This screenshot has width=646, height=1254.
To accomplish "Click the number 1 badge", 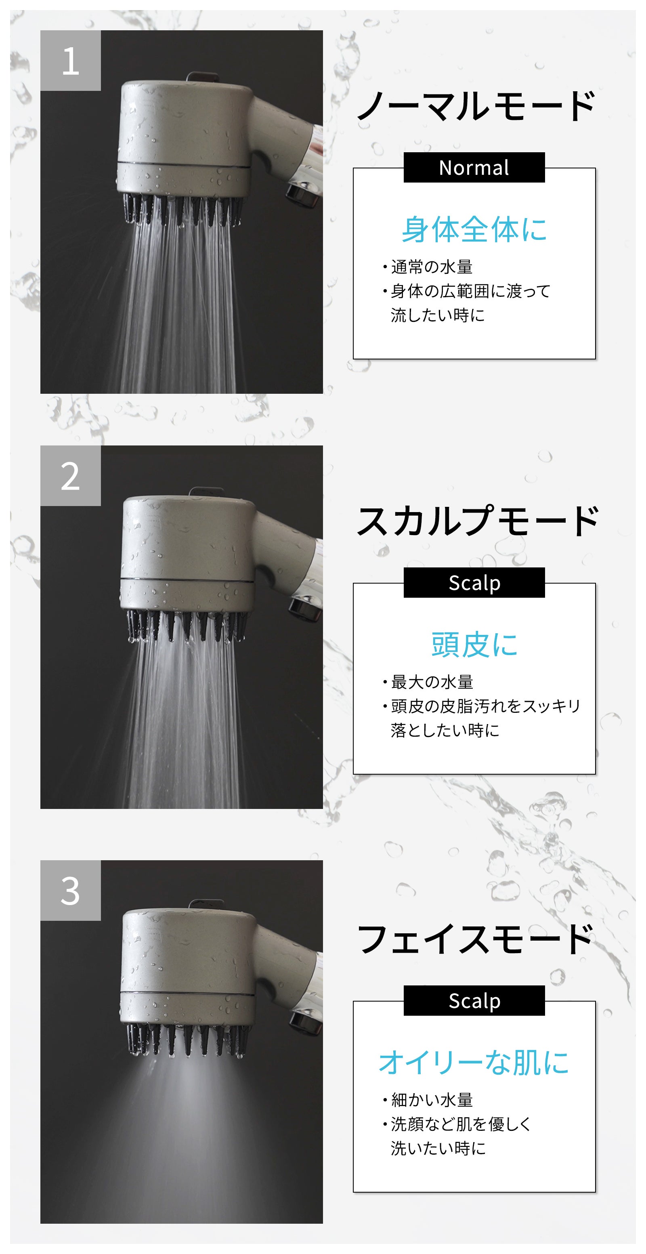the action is point(71,60).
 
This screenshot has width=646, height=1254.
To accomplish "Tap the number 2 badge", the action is point(71,476).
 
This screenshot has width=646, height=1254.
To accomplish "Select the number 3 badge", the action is point(71,891).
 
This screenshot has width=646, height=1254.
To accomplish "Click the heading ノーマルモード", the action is point(476,106).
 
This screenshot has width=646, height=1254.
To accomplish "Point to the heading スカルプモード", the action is point(477,521).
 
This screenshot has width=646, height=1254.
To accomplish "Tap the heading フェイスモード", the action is point(475,938).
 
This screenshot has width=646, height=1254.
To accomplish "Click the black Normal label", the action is point(474,168).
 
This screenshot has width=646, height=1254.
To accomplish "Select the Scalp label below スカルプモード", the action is point(474,583).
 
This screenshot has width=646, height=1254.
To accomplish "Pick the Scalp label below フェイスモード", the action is point(474,1000).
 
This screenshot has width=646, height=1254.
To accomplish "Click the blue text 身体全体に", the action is point(474,229).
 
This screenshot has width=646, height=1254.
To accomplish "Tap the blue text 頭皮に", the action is point(474,645).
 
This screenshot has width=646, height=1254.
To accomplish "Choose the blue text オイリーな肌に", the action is point(474,1062).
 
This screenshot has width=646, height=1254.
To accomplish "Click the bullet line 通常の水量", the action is point(428,267).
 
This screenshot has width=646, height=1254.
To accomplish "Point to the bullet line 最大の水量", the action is point(428,682).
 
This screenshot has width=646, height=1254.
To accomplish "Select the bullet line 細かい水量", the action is point(428,1100).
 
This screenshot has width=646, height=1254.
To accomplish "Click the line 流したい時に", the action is point(438,315).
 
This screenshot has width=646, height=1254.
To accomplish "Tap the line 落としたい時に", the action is point(445,730).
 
